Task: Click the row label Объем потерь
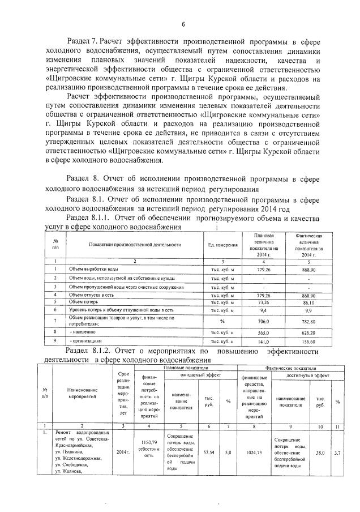[84, 303]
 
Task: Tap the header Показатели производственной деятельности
[135, 245]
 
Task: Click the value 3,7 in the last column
[337, 453]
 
